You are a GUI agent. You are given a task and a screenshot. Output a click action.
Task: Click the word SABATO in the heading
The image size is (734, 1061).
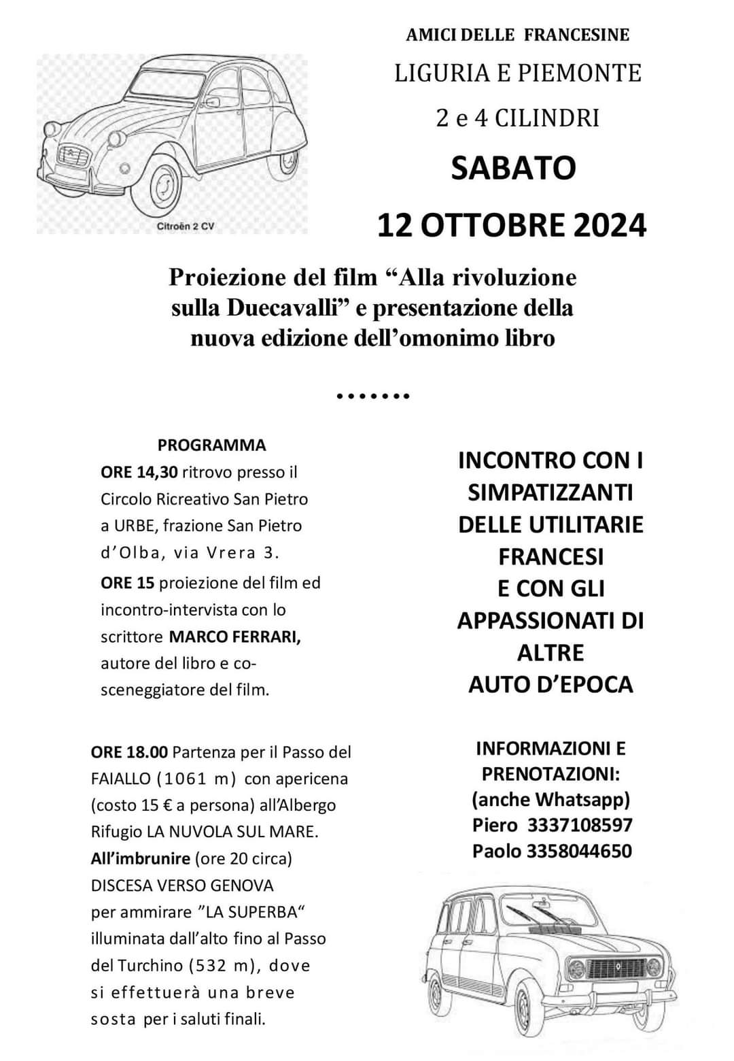coord(513,168)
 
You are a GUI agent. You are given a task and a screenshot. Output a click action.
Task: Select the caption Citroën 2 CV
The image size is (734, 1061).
coord(185,226)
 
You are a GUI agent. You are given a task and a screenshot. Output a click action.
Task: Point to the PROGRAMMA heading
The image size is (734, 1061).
coord(211,445)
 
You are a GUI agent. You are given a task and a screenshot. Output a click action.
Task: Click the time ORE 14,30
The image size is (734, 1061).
coord(139,472)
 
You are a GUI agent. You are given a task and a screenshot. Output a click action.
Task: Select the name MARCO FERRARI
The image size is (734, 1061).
coord(234,637)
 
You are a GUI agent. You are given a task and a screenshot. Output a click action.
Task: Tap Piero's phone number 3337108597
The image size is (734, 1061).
coord(580,825)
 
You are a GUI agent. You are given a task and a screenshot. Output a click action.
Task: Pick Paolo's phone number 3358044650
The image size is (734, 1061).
coord(579,851)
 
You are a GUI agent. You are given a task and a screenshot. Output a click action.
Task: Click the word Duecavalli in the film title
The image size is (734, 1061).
coord(283,308)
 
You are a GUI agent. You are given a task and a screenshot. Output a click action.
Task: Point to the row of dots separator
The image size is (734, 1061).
coord(373,395)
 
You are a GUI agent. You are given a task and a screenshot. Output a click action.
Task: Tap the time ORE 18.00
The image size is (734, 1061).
coord(129,752)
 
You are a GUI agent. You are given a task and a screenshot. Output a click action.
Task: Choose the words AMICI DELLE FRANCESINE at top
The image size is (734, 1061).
coord(518,35)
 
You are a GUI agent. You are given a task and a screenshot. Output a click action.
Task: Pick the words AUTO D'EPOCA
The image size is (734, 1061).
coord(550,684)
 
